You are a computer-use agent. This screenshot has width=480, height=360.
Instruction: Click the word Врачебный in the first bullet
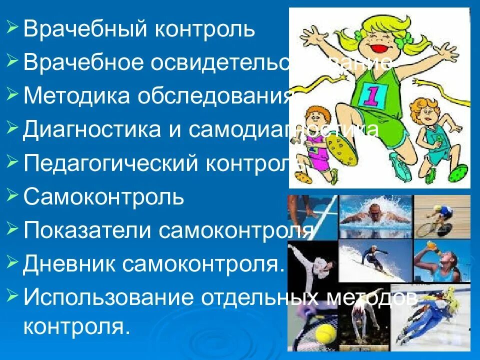click(83, 29)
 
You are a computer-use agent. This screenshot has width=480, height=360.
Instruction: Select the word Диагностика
click(93, 129)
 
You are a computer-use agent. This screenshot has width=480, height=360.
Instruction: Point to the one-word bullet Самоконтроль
click(104, 197)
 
